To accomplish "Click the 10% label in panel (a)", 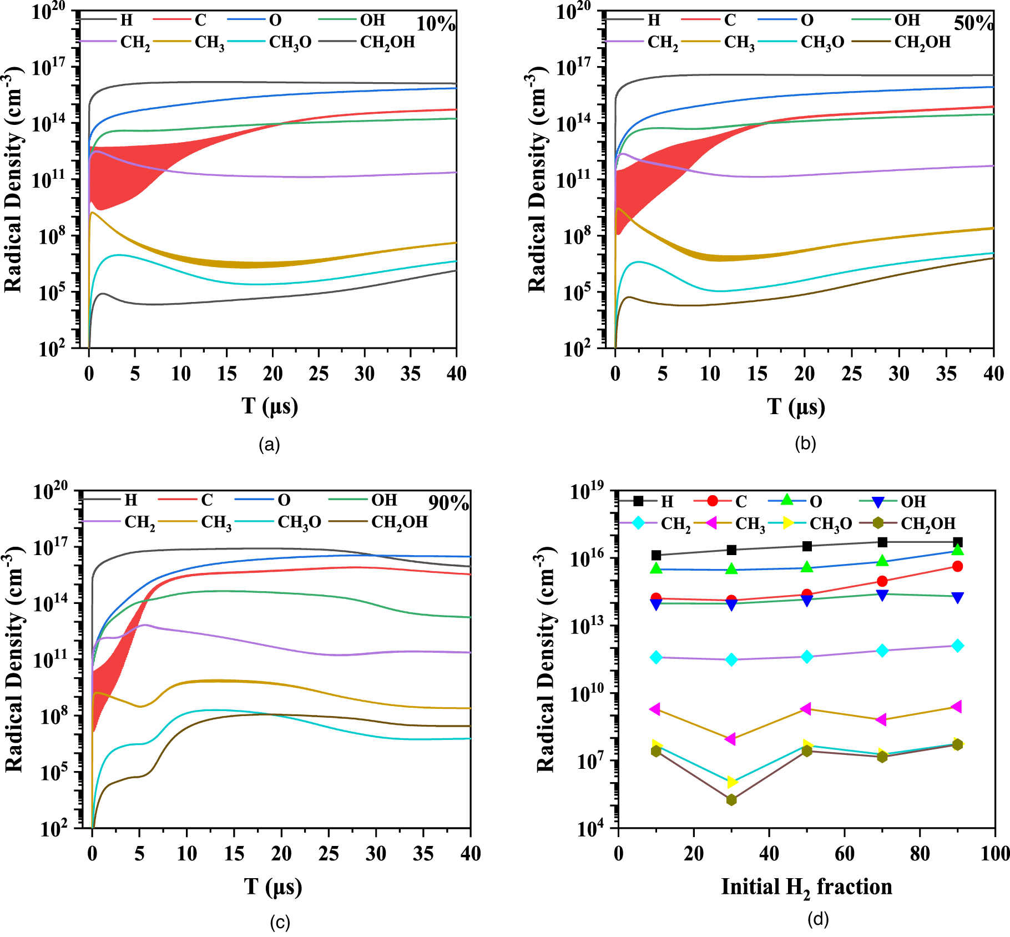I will pyautogui.click(x=436, y=24).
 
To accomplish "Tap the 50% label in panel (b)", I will pyautogui.click(x=973, y=23).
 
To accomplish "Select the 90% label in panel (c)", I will pyautogui.click(x=448, y=503).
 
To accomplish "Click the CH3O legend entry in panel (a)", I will pyautogui.click(x=290, y=42).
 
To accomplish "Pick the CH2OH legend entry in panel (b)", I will pyautogui.click(x=922, y=42).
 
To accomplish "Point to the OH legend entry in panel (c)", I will pyautogui.click(x=384, y=500).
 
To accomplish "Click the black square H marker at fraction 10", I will pyautogui.click(x=656, y=555).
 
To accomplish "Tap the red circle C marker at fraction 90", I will pyautogui.click(x=957, y=566).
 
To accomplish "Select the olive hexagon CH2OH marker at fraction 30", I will pyautogui.click(x=731, y=800).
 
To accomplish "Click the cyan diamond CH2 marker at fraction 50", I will pyautogui.click(x=807, y=657).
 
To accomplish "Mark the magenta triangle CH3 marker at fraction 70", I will pyautogui.click(x=881, y=720).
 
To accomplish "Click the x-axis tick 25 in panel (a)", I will pyautogui.click(x=319, y=374).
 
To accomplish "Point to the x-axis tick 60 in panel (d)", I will pyautogui.click(x=844, y=854).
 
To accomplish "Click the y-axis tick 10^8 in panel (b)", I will pyautogui.click(x=578, y=236).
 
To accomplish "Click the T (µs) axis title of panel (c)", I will pyautogui.click(x=273, y=887).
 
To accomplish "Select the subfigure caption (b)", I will pyautogui.click(x=805, y=444).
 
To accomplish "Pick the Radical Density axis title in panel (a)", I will pyautogui.click(x=13, y=180).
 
